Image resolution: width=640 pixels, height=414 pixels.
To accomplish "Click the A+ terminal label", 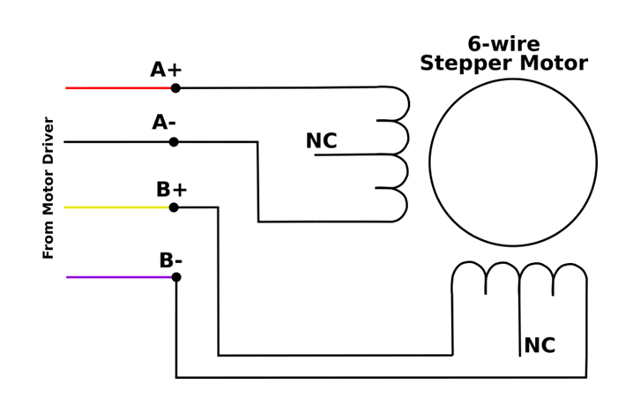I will (166, 70).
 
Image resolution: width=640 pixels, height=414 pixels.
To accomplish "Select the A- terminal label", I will (164, 123).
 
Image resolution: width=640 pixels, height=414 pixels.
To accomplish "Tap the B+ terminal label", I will (172, 190).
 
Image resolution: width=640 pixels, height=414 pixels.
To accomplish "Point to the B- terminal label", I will (171, 261).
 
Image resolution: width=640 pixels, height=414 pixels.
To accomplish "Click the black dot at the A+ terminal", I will (175, 88).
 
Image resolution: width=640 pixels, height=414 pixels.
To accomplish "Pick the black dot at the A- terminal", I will (174, 142).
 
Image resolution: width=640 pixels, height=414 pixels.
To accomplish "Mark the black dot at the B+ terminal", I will (174, 207).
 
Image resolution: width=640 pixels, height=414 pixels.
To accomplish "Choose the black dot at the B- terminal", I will (176, 277).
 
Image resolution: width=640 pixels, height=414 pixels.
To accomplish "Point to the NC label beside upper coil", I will (321, 141).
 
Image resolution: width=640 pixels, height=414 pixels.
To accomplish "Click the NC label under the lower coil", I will (540, 346).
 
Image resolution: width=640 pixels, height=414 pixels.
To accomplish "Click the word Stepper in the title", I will (465, 64).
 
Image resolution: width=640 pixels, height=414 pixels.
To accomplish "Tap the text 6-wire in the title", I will (503, 44).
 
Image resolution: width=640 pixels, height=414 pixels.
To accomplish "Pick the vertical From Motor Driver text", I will (48, 188).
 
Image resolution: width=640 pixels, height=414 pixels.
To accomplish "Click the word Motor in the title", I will (552, 64).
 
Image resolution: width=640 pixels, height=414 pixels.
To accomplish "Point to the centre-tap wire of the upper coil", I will (353, 155).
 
